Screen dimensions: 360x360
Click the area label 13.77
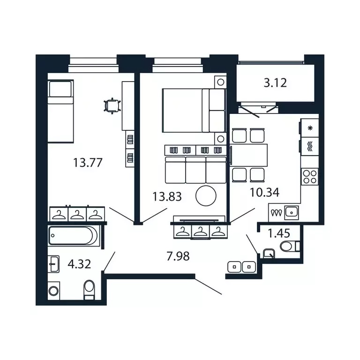[x=88, y=163]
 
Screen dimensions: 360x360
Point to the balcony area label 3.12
[x=275, y=84]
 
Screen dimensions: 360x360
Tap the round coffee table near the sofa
[x=206, y=195]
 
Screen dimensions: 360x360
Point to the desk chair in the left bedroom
[x=112, y=105]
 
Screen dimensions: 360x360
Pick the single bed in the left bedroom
[x=60, y=111]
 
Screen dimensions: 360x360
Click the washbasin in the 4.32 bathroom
[x=53, y=264]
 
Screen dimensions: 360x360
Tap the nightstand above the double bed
[x=220, y=82]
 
